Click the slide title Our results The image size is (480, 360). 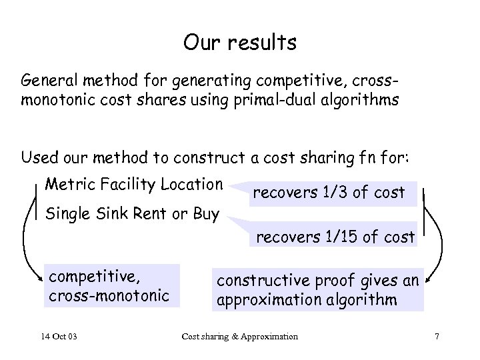239,43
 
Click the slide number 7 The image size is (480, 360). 436,336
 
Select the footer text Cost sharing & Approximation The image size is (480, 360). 239,336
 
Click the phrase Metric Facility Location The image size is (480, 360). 133,183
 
